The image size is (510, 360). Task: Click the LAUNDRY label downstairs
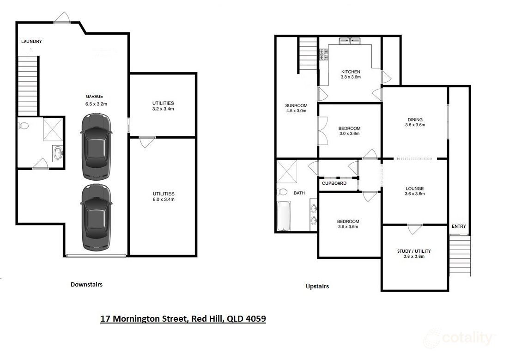pyautogui.click(x=31, y=42)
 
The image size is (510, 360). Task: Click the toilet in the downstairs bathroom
pyautogui.click(x=24, y=125)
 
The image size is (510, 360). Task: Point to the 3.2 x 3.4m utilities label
pyautogui.click(x=163, y=106)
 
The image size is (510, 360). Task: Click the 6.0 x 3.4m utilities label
pyautogui.click(x=163, y=196)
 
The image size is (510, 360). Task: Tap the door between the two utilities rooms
pyautogui.click(x=147, y=140)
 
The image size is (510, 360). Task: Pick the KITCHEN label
pyautogui.click(x=351, y=74)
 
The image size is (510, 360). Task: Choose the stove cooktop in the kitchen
pyautogui.click(x=323, y=55)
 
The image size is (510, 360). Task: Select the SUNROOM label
pyautogui.click(x=296, y=108)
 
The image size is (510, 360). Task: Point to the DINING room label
pyautogui.click(x=415, y=122)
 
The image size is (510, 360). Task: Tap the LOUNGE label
pyautogui.click(x=415, y=191)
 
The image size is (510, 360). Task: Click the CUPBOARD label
pyautogui.click(x=334, y=183)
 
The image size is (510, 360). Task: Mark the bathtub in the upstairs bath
pyautogui.click(x=284, y=216)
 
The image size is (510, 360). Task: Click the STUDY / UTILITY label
pyautogui.click(x=414, y=254)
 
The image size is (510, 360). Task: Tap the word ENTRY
pyautogui.click(x=459, y=226)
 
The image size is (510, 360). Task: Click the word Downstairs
pyautogui.click(x=86, y=285)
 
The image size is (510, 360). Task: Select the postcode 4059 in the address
pyautogui.click(x=256, y=319)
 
